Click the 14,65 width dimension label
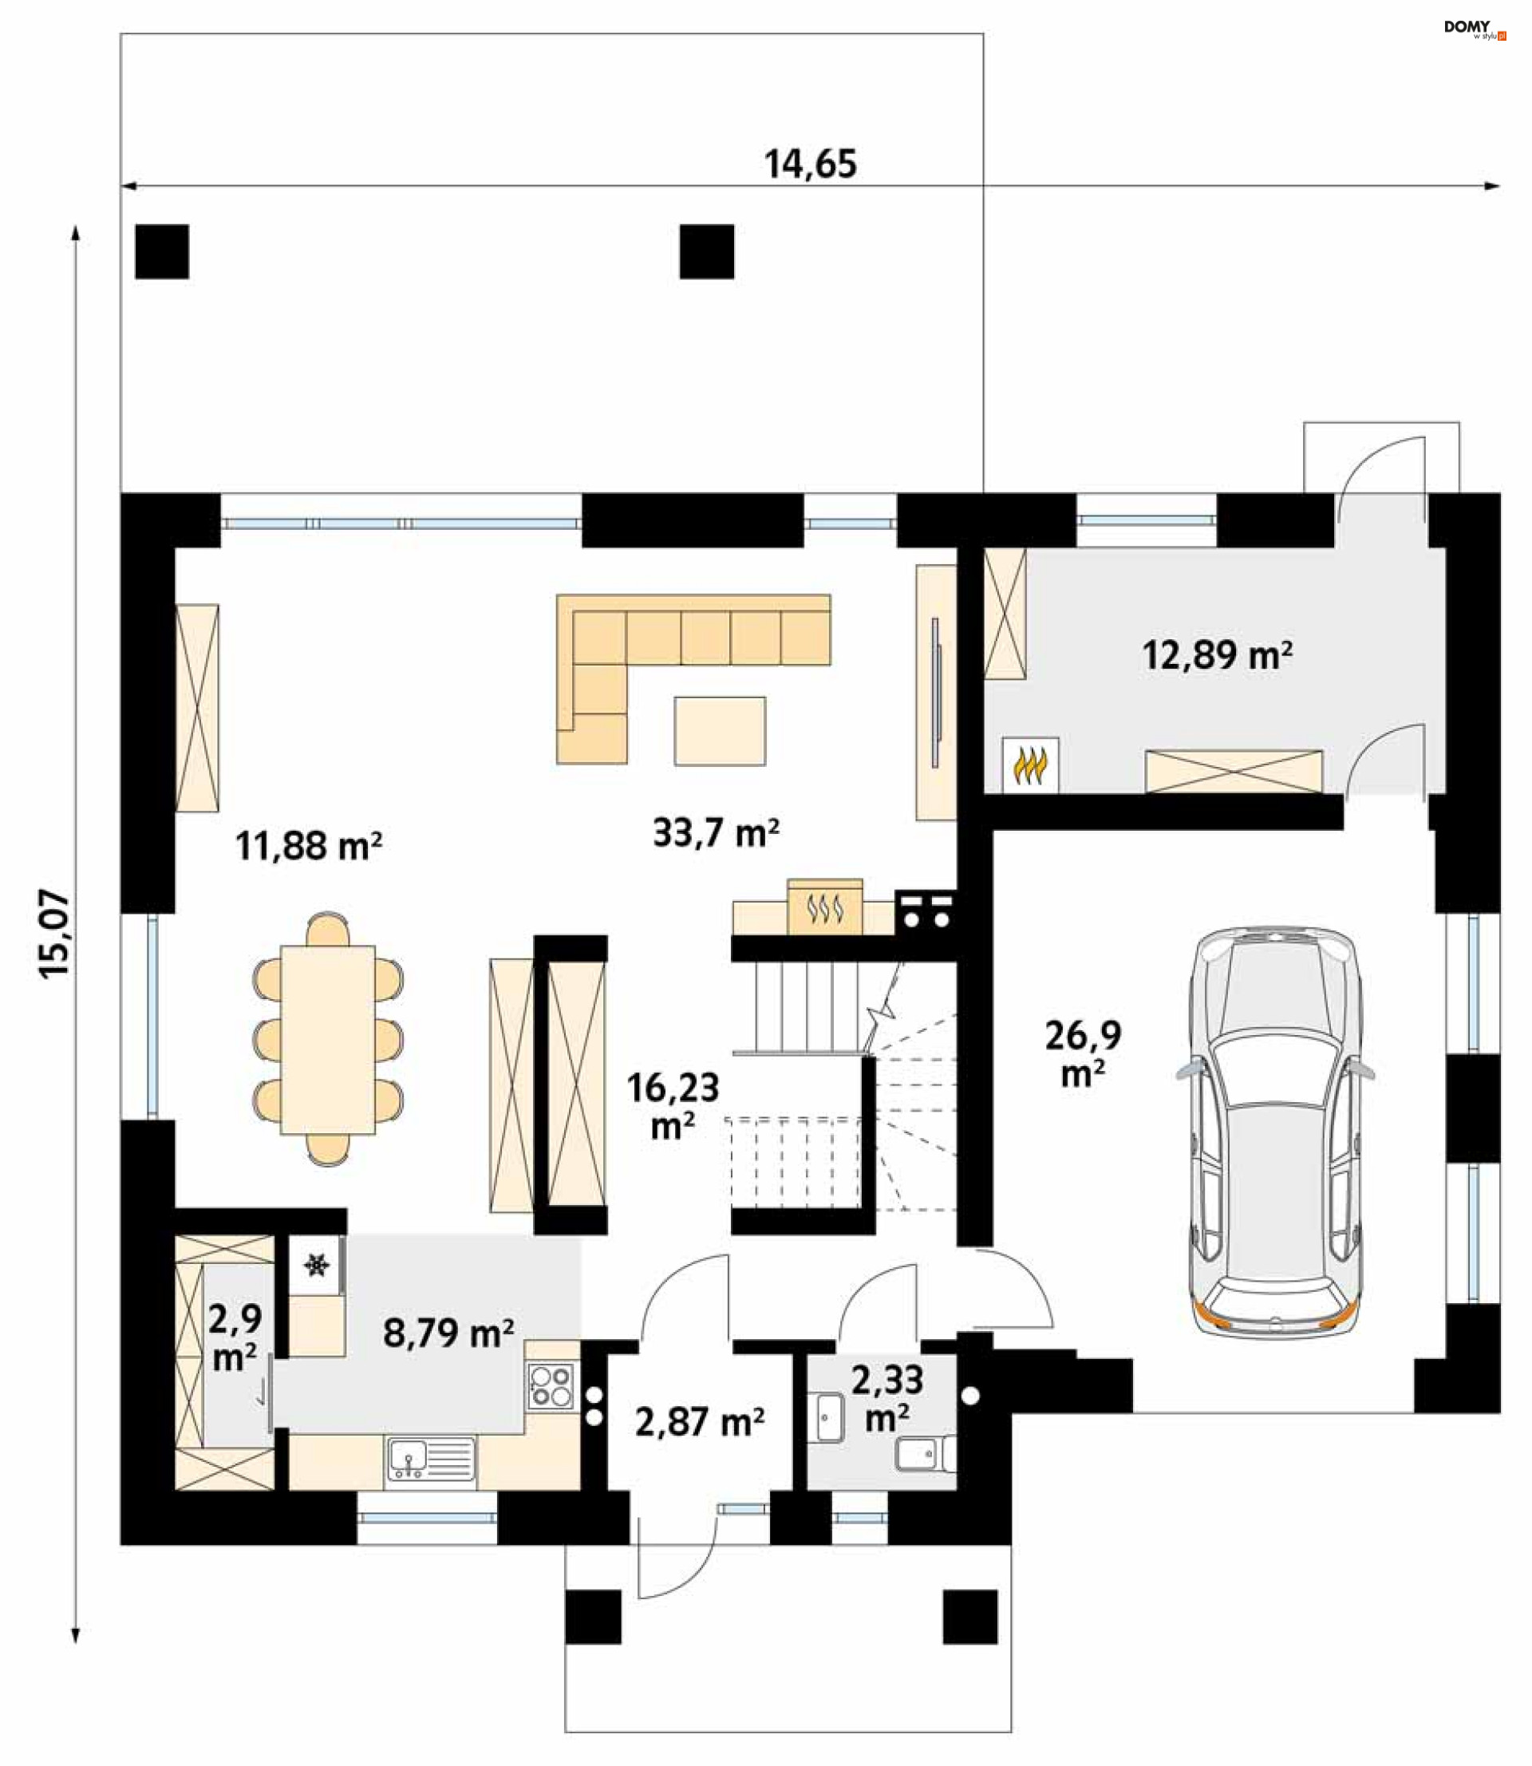pyautogui.click(x=810, y=164)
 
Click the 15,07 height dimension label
pyautogui.click(x=55, y=934)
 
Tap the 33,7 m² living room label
pyautogui.click(x=716, y=832)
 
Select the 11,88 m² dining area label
pyautogui.click(x=308, y=845)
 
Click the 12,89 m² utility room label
pyautogui.click(x=1217, y=655)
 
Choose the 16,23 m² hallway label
pyautogui.click(x=673, y=1106)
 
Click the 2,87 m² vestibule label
pyautogui.click(x=699, y=1421)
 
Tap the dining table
pyautogui.click(x=328, y=1038)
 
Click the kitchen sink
pyautogui.click(x=431, y=1458)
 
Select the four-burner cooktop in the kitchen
pyautogui.click(x=551, y=1385)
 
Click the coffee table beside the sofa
pyautogui.click(x=720, y=731)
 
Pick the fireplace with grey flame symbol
pyautogui.click(x=825, y=907)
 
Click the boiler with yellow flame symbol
pyautogui.click(x=1030, y=764)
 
